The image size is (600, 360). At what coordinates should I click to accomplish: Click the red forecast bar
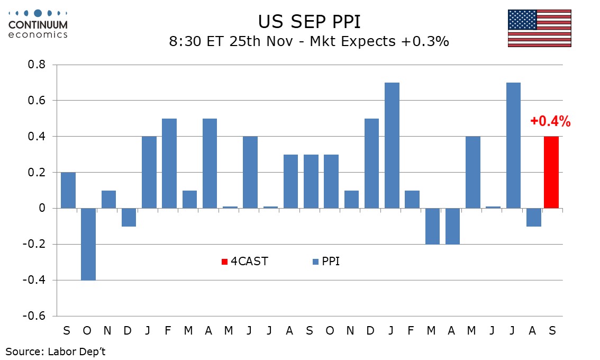tap(551, 172)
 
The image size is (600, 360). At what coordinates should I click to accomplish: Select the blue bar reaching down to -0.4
tap(88, 244)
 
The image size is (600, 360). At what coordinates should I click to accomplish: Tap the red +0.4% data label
tap(550, 122)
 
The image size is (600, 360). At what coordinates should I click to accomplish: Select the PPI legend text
tap(331, 261)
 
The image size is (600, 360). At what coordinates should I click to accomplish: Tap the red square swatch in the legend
tap(224, 262)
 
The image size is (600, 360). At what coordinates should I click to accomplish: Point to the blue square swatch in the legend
tap(316, 262)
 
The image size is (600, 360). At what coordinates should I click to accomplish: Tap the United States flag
tap(539, 28)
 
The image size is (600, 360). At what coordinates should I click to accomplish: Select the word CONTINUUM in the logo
tap(38, 24)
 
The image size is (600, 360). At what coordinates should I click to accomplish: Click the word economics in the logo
tap(38, 34)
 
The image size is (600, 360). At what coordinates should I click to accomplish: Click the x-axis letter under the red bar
tap(552, 331)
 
